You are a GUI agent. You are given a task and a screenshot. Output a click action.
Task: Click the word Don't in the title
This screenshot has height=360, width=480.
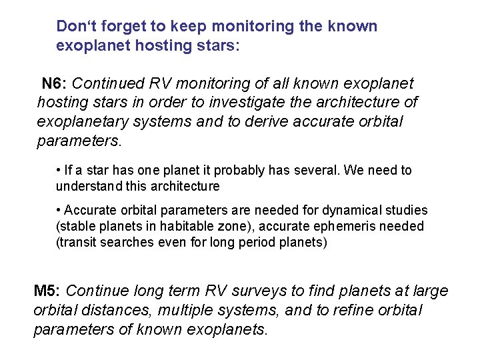click(x=75, y=27)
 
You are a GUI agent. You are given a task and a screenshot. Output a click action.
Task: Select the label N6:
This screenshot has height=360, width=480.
click(x=54, y=84)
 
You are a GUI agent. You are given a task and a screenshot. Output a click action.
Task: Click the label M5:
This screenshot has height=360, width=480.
click(x=47, y=291)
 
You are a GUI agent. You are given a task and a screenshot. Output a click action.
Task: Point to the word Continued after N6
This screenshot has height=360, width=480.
click(x=107, y=84)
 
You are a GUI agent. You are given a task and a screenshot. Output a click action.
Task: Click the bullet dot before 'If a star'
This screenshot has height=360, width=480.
click(x=59, y=171)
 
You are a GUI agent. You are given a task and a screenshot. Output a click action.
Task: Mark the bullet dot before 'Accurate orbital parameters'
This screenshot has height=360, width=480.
click(x=59, y=211)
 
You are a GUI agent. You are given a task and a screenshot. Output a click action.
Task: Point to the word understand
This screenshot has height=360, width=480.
click(x=87, y=186)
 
